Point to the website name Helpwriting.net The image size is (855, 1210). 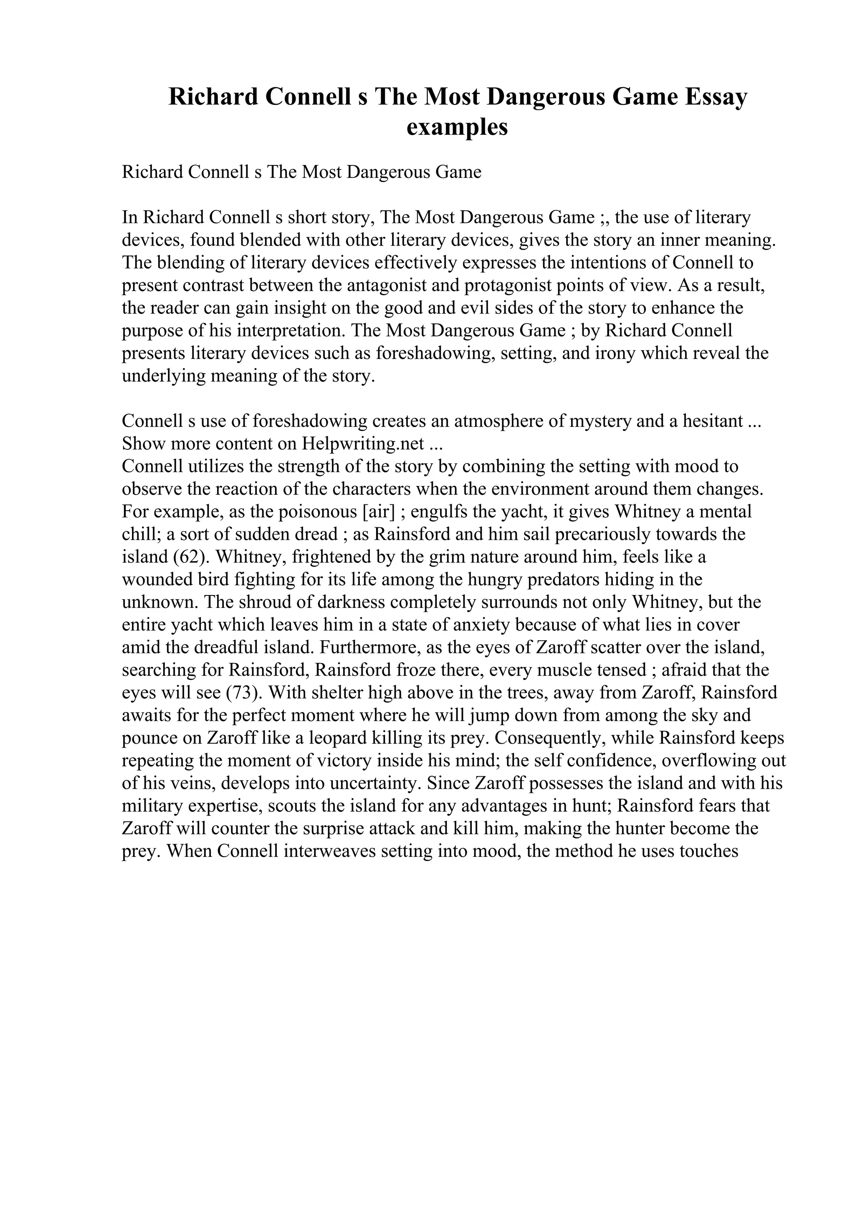[x=363, y=444]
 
